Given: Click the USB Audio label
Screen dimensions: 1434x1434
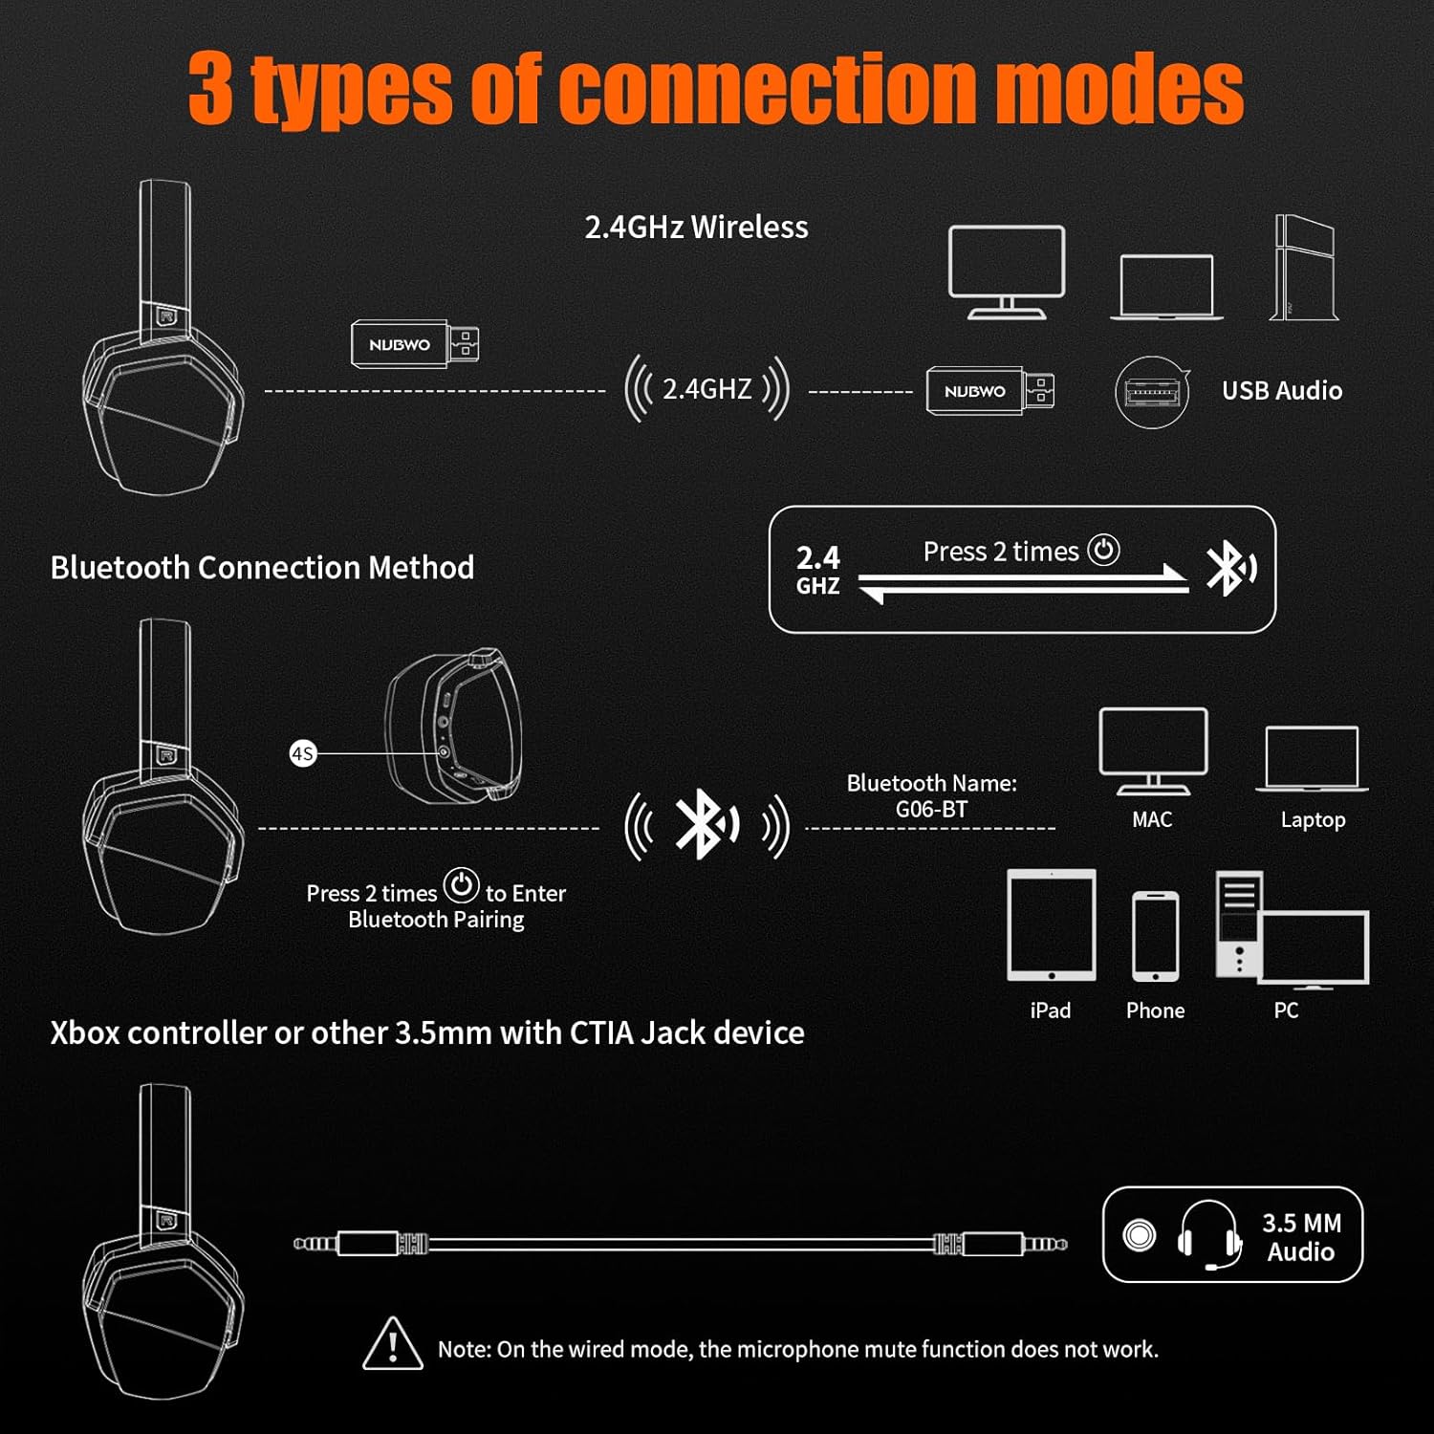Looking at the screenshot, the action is coord(1282,390).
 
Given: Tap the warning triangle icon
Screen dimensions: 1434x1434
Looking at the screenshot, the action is coord(393,1343).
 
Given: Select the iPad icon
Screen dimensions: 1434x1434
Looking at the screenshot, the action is coord(1052,925).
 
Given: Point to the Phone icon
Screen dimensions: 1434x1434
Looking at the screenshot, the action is coord(1155,937).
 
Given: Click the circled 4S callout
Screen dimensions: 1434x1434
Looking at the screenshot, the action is coord(303,753).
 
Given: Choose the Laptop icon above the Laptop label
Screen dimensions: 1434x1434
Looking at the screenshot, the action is coord(1312,759).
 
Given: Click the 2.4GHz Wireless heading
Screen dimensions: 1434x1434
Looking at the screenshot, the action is coord(696,227).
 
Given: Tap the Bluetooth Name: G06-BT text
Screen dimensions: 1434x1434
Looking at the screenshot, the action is coord(932,795).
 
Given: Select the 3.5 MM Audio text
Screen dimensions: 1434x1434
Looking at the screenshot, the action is coord(1301,1237).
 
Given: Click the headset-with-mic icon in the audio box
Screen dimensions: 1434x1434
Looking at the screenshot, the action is coord(1209,1235).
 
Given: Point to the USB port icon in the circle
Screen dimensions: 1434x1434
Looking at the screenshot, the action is coord(1152,392).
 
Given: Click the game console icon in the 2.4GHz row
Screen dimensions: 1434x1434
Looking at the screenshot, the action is coord(1304,268).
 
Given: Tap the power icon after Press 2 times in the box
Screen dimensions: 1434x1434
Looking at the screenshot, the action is coord(1103,550).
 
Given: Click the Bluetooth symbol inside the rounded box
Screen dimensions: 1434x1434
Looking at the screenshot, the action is coord(1229,568).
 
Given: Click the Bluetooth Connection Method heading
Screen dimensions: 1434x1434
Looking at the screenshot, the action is coord(262,567).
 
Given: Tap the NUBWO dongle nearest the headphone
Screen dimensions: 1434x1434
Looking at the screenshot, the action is coord(414,344).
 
